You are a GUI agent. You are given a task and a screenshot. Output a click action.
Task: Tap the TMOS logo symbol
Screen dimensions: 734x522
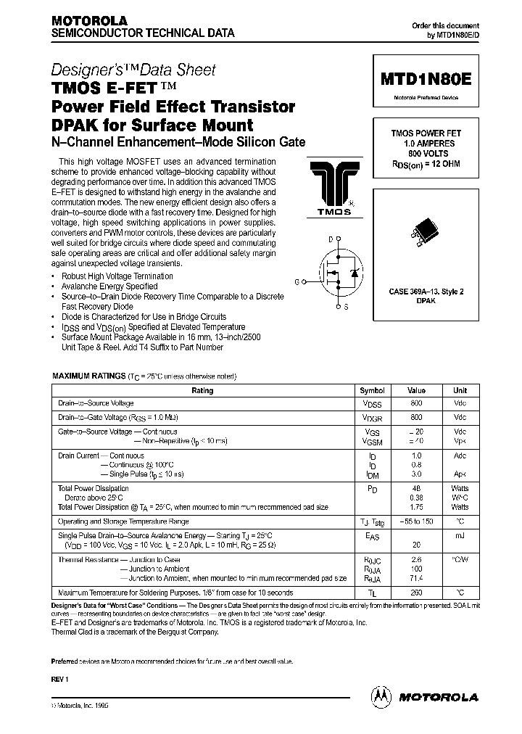coord(334,186)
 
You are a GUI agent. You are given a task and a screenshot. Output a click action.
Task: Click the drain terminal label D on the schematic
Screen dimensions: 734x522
coord(331,239)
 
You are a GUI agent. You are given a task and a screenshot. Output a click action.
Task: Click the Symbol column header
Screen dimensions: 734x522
coord(373,390)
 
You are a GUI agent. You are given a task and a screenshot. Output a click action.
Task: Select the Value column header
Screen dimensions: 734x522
coord(416,390)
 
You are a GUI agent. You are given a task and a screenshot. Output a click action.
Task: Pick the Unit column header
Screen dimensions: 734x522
coord(460,390)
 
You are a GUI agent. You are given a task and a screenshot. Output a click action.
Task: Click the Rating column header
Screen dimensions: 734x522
coord(202,390)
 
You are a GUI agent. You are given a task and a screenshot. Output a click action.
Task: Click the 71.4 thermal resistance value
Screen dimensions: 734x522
coord(416,578)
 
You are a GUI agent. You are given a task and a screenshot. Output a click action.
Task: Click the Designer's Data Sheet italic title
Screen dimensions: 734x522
coord(133,70)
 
